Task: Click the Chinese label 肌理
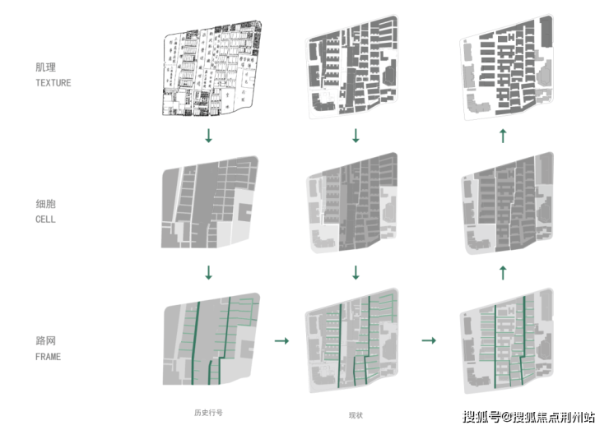tap(44, 68)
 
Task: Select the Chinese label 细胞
tap(44, 204)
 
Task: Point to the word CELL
tap(45, 220)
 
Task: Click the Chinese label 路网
tap(44, 340)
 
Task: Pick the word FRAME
tap(48, 357)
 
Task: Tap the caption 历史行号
tap(208, 412)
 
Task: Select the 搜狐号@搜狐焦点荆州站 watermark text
tap(528, 416)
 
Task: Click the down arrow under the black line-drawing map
tap(208, 136)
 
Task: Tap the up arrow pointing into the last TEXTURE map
tap(503, 136)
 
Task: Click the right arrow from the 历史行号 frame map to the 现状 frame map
tap(281, 340)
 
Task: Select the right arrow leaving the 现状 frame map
tap(428, 340)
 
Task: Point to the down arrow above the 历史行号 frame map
tap(208, 272)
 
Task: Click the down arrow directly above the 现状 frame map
tap(356, 272)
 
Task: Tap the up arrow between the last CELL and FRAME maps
tap(503, 272)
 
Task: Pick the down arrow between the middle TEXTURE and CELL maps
tap(356, 136)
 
